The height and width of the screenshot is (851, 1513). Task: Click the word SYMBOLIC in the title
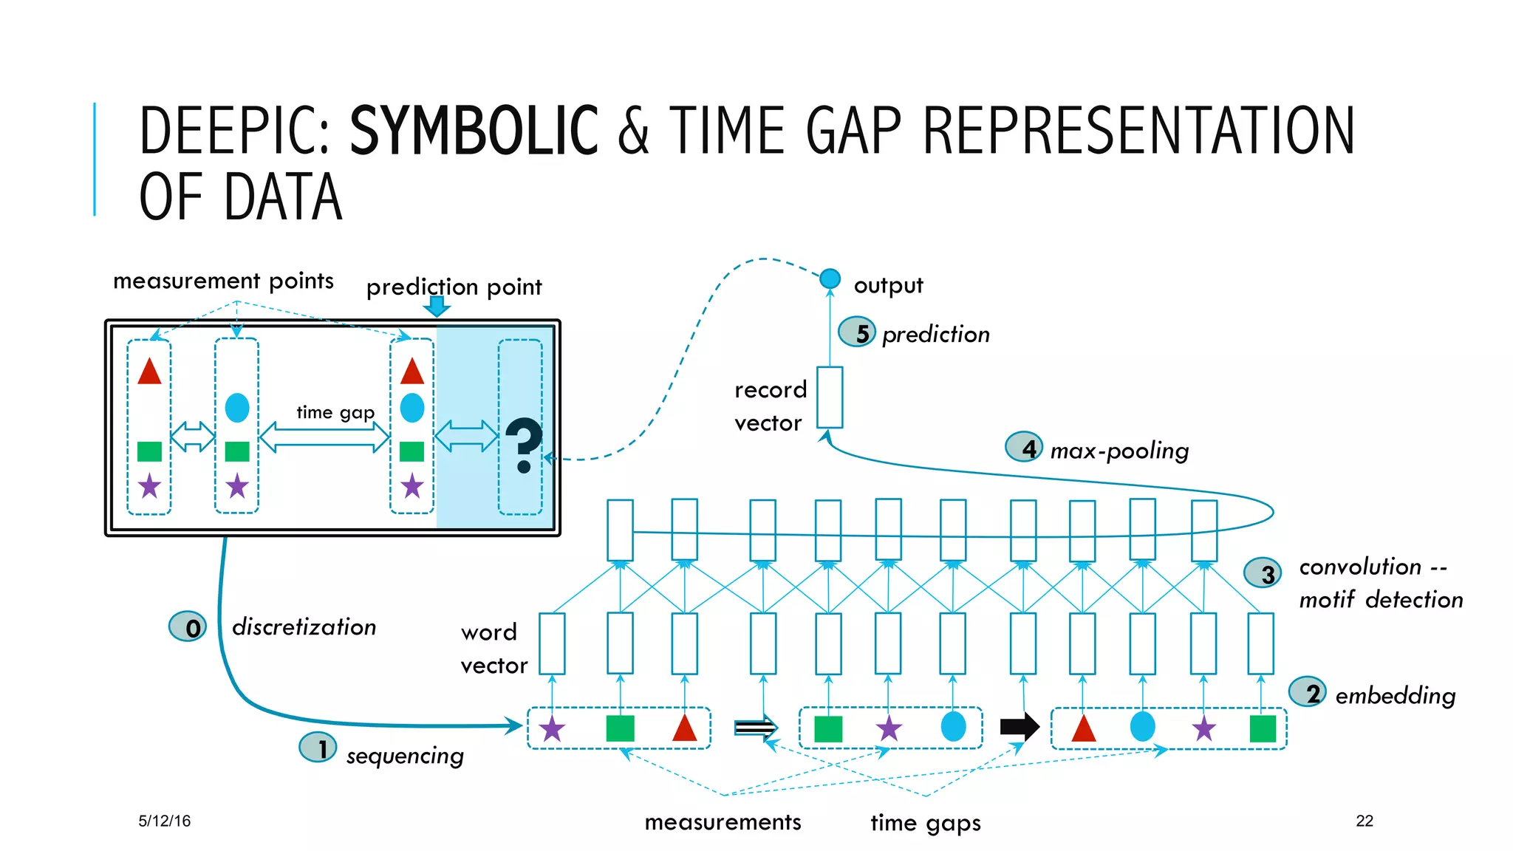click(x=473, y=131)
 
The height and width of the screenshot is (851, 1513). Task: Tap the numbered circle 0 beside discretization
click(x=188, y=627)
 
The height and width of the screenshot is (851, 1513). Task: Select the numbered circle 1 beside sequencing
click(x=318, y=748)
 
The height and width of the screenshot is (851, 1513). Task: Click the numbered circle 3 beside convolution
click(x=1263, y=573)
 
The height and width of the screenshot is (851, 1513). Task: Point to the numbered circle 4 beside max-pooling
click(x=1024, y=447)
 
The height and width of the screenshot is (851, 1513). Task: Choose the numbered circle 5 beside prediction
click(x=857, y=332)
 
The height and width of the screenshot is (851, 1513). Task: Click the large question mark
click(x=524, y=445)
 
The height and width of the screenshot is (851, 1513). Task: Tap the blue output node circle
click(x=830, y=278)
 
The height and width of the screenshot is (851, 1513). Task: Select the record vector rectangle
click(x=830, y=397)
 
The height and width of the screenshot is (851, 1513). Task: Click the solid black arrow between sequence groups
click(x=1020, y=726)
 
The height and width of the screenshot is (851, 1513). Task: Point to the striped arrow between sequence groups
click(x=755, y=728)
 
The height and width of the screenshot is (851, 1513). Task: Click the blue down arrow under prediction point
click(x=437, y=306)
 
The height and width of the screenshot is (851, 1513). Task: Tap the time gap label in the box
click(x=335, y=412)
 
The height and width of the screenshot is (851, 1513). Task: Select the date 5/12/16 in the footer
click(x=164, y=821)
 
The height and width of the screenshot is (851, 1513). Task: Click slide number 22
click(x=1365, y=821)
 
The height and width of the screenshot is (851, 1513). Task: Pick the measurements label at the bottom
click(x=723, y=822)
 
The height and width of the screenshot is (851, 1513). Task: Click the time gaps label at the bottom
click(x=925, y=823)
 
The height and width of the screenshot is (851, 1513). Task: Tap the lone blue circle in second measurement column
click(x=236, y=408)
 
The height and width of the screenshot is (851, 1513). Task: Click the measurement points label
click(x=223, y=281)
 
